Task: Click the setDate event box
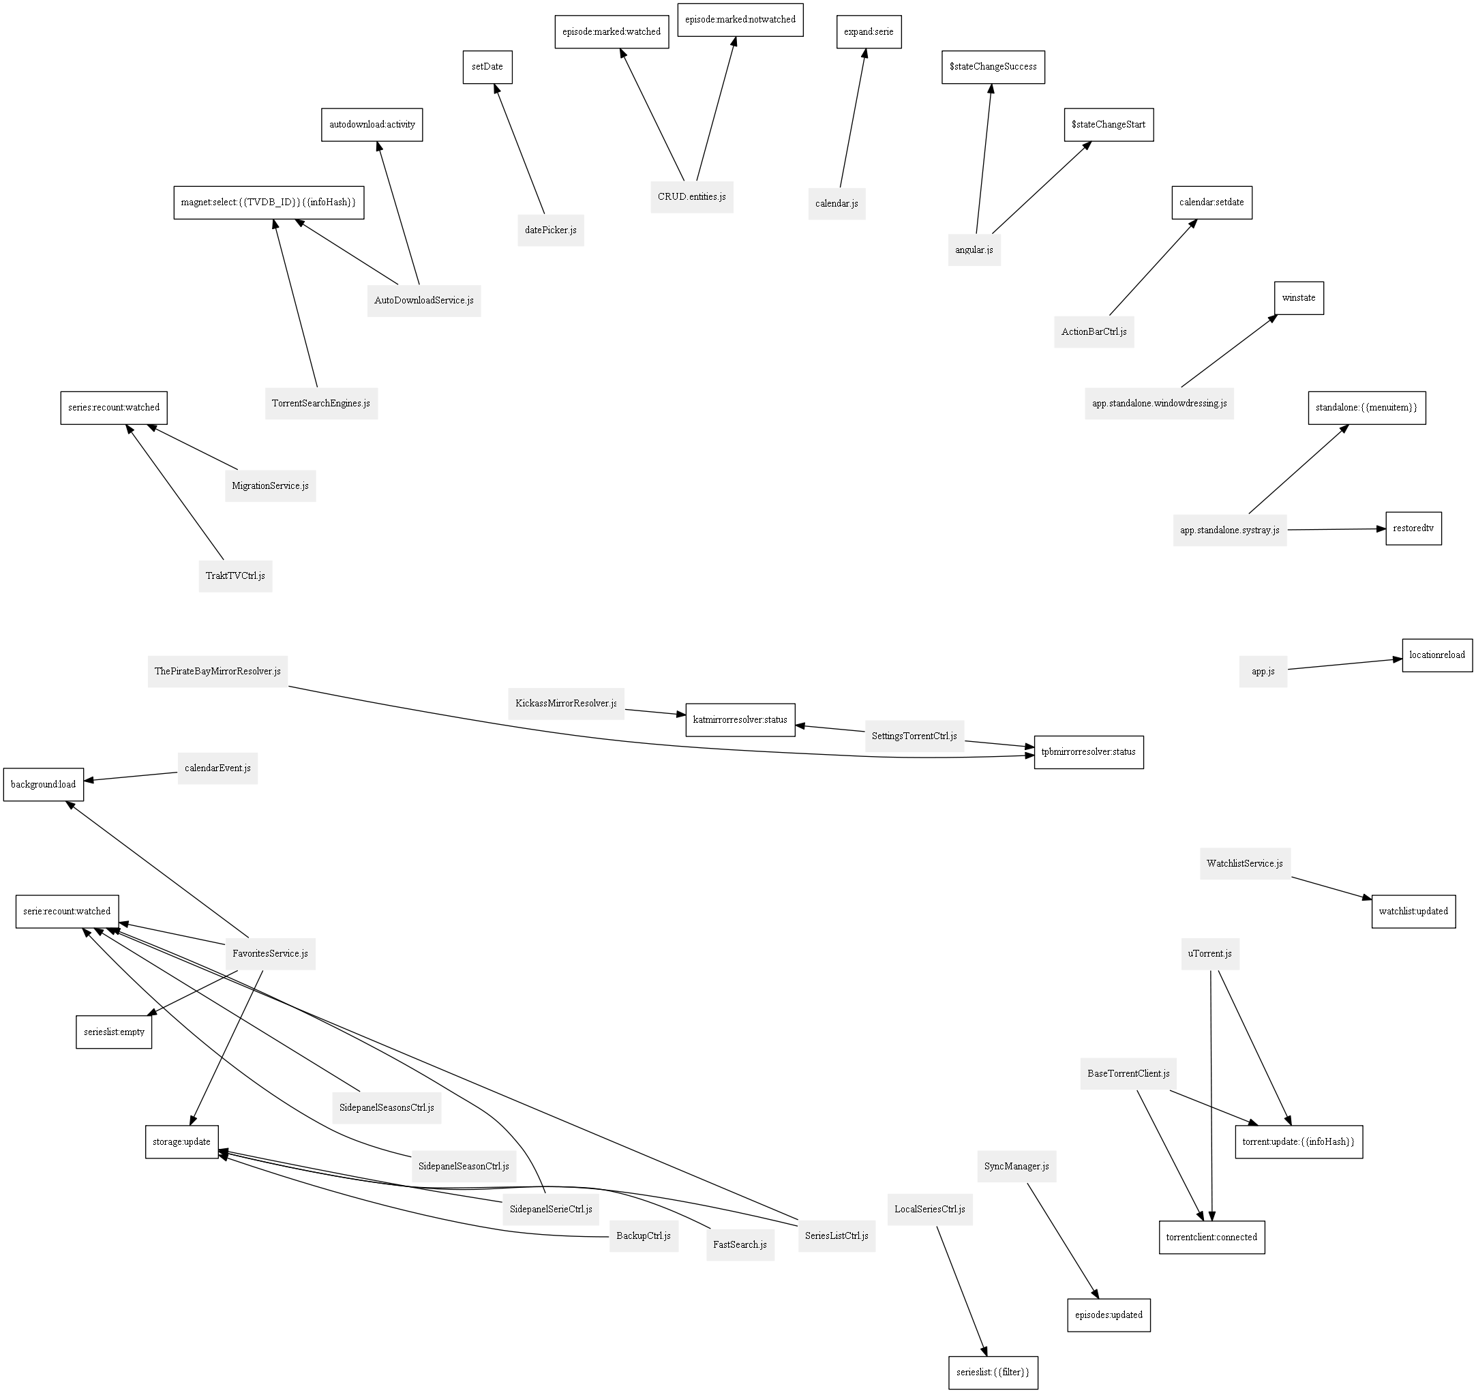point(487,67)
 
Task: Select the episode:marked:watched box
point(611,32)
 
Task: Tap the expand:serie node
point(869,32)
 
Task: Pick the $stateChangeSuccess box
point(993,67)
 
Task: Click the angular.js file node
point(974,250)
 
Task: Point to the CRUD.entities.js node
point(691,197)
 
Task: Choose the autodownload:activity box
point(372,124)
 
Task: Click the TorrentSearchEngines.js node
point(320,403)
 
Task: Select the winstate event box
point(1299,298)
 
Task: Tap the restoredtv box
point(1413,528)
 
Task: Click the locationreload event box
point(1436,655)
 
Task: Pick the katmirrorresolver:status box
point(740,719)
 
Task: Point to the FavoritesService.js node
point(270,953)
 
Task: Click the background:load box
point(43,784)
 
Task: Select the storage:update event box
point(181,1141)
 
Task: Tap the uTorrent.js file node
point(1209,953)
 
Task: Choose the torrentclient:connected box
point(1211,1237)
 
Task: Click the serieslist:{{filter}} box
point(993,1373)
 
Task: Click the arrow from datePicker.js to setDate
point(519,149)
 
